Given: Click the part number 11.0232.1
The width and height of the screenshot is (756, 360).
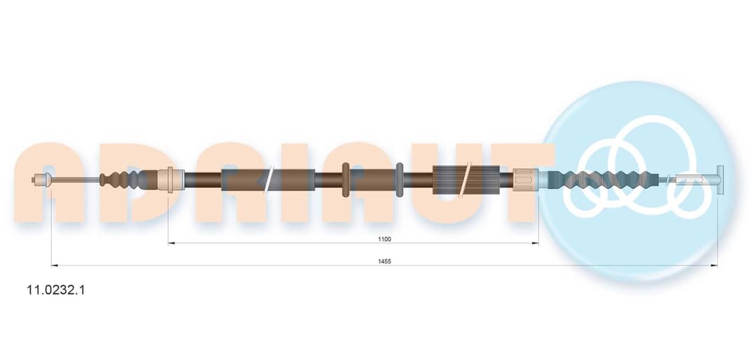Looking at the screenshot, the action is (56, 290).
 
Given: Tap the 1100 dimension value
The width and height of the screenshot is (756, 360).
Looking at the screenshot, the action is (384, 239).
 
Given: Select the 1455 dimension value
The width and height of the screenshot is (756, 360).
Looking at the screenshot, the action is (384, 261).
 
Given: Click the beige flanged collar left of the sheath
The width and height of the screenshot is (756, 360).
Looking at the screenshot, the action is (171, 180).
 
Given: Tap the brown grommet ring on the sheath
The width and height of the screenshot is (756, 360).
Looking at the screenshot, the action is (345, 180).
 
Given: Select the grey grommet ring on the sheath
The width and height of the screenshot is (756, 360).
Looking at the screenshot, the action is (399, 180).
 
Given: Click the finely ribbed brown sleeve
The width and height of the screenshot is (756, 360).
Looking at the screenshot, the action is (465, 180).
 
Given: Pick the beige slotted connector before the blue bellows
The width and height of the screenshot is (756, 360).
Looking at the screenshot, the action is (525, 180).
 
